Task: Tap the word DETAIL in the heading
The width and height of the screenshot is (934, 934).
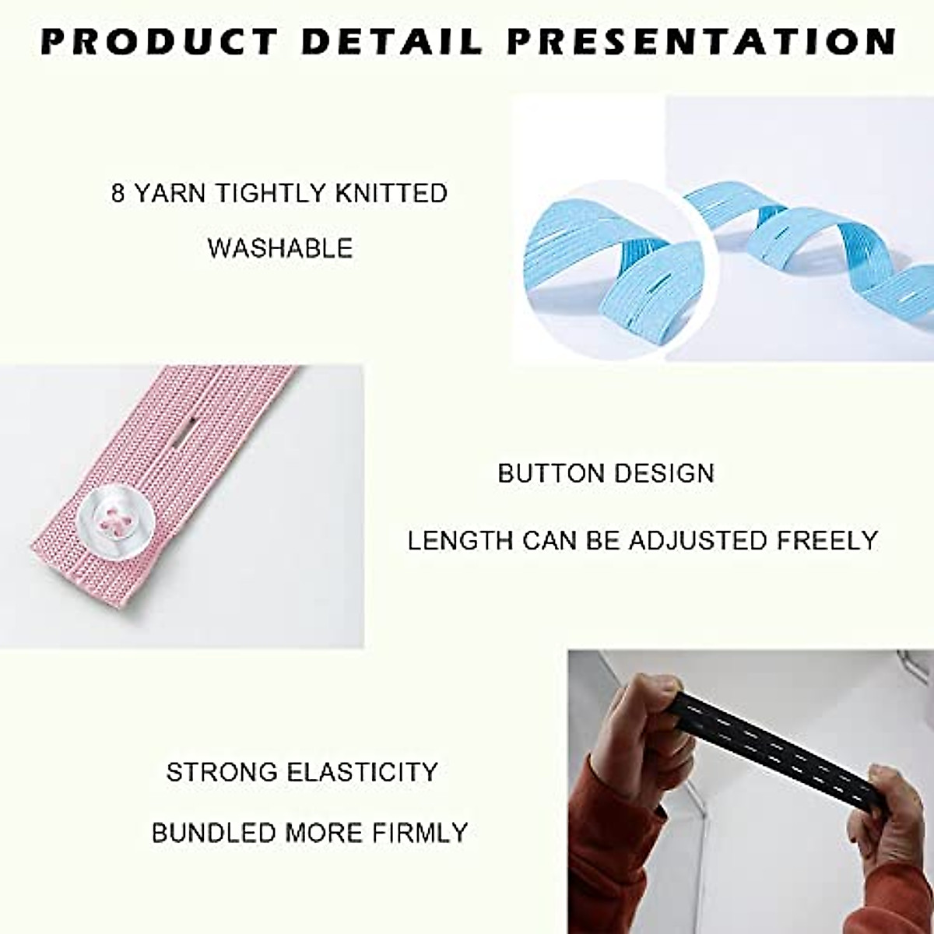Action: point(393,42)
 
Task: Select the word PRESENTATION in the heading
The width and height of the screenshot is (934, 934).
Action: point(701,42)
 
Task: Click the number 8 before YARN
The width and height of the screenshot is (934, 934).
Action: point(118,193)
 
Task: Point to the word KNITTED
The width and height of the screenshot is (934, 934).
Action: point(392,193)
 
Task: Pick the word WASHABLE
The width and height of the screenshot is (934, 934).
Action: point(280,248)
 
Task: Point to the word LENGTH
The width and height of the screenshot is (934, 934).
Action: point(460,540)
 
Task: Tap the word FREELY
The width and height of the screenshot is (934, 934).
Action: point(828,540)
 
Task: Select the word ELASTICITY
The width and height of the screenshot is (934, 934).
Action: point(363,772)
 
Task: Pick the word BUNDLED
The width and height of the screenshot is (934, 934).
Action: point(212,833)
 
